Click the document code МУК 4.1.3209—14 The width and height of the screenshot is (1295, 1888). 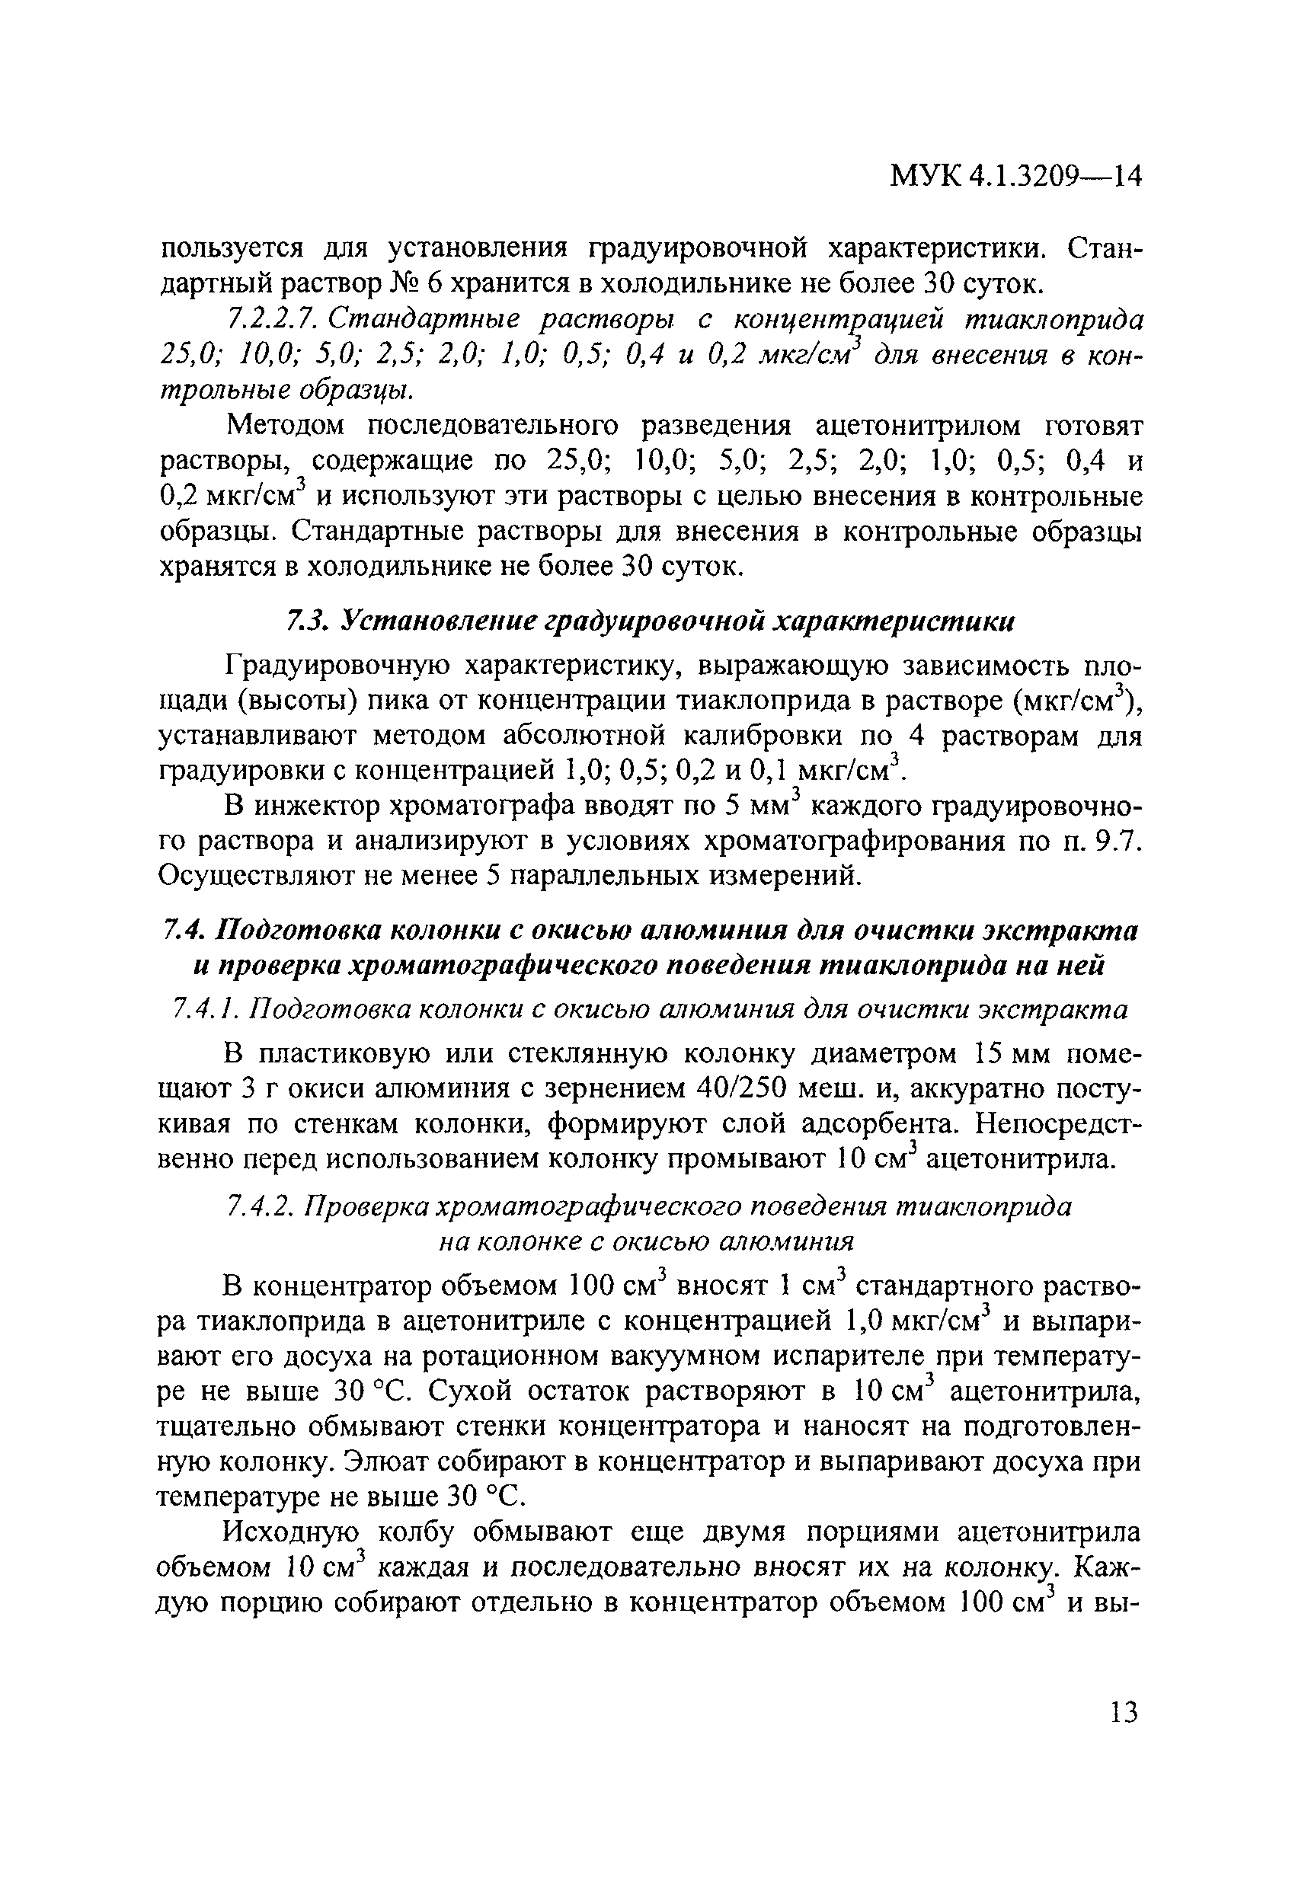pyautogui.click(x=1015, y=197)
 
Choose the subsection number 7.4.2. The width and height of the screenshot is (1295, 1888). pyautogui.click(x=259, y=1207)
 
